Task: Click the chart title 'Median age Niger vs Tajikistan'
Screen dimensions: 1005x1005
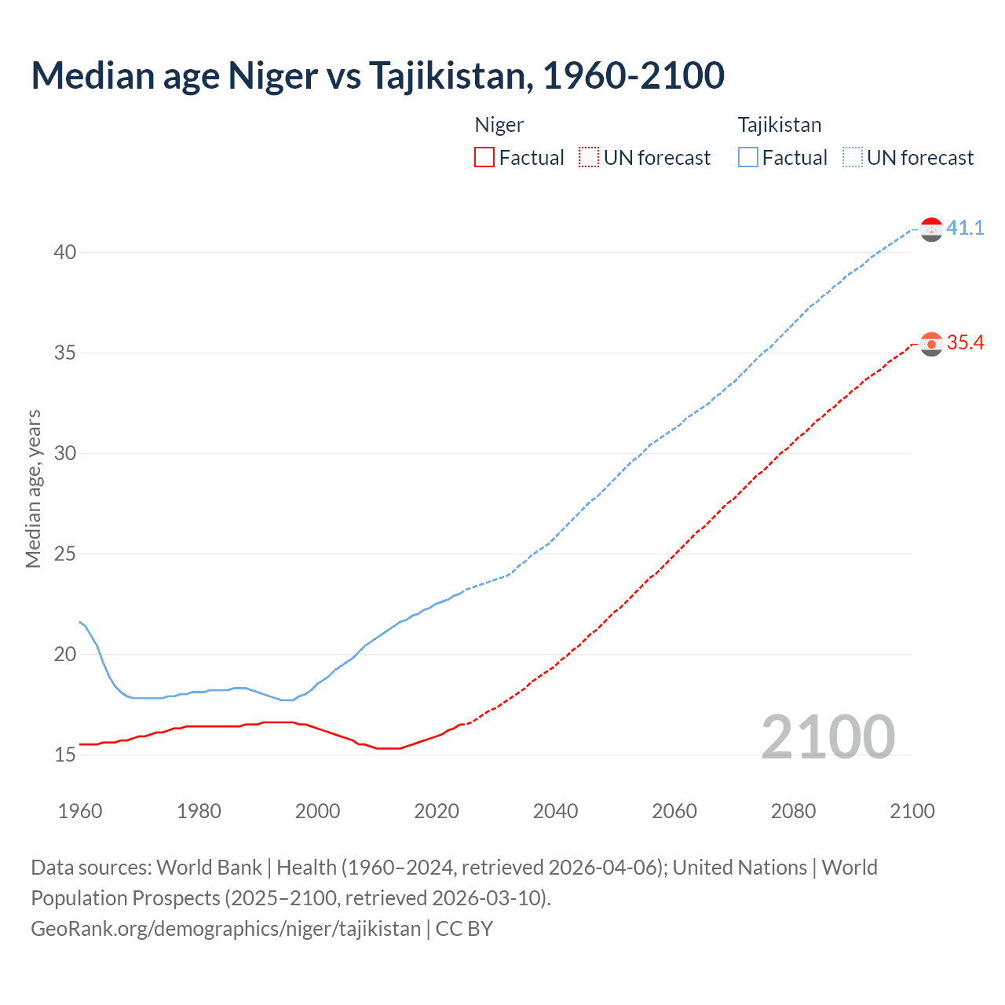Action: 378,75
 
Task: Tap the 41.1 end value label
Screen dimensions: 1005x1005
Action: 965,228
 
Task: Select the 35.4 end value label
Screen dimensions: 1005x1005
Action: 965,342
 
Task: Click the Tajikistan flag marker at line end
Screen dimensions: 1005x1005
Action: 931,229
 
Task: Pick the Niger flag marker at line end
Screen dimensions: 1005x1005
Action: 931,344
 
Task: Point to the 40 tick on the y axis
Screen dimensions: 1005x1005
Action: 65,252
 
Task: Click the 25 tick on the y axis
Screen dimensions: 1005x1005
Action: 65,554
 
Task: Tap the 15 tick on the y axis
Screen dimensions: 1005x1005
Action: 65,755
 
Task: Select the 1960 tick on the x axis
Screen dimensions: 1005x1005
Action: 80,811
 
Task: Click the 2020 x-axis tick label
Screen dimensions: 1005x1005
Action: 437,811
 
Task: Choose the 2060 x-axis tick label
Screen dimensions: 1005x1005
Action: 674,811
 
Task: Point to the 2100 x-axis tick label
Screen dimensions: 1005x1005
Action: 912,811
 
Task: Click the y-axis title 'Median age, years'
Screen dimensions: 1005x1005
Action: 33,488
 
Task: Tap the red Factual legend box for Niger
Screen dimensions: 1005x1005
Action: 484,158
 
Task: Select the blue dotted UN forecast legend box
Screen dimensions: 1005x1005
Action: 853,158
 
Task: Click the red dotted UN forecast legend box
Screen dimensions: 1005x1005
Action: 589,158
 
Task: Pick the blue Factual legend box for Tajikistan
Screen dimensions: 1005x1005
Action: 748,158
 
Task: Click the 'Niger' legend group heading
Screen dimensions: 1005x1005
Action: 499,125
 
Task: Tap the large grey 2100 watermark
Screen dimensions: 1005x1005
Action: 828,736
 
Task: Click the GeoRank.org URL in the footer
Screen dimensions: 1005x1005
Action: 226,928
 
